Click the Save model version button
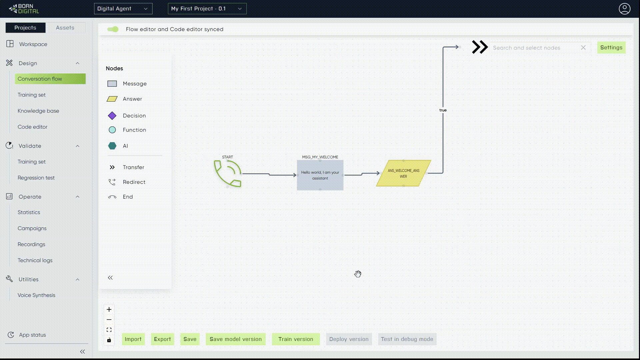click(x=235, y=339)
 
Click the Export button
click(x=162, y=339)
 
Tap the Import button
click(x=133, y=339)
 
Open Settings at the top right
click(x=611, y=48)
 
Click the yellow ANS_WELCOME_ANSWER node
click(x=403, y=173)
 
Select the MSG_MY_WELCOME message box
click(x=320, y=175)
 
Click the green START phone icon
click(x=228, y=173)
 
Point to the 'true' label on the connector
click(x=443, y=110)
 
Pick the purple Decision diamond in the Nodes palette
click(x=112, y=116)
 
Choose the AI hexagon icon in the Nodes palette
click(x=112, y=146)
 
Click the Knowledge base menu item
click(x=38, y=111)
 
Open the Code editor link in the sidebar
click(x=32, y=127)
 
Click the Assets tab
click(x=65, y=28)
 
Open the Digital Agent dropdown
click(x=123, y=9)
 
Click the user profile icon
click(x=624, y=9)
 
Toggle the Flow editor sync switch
click(x=113, y=29)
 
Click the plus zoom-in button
click(x=109, y=309)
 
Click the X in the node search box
click(x=583, y=48)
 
